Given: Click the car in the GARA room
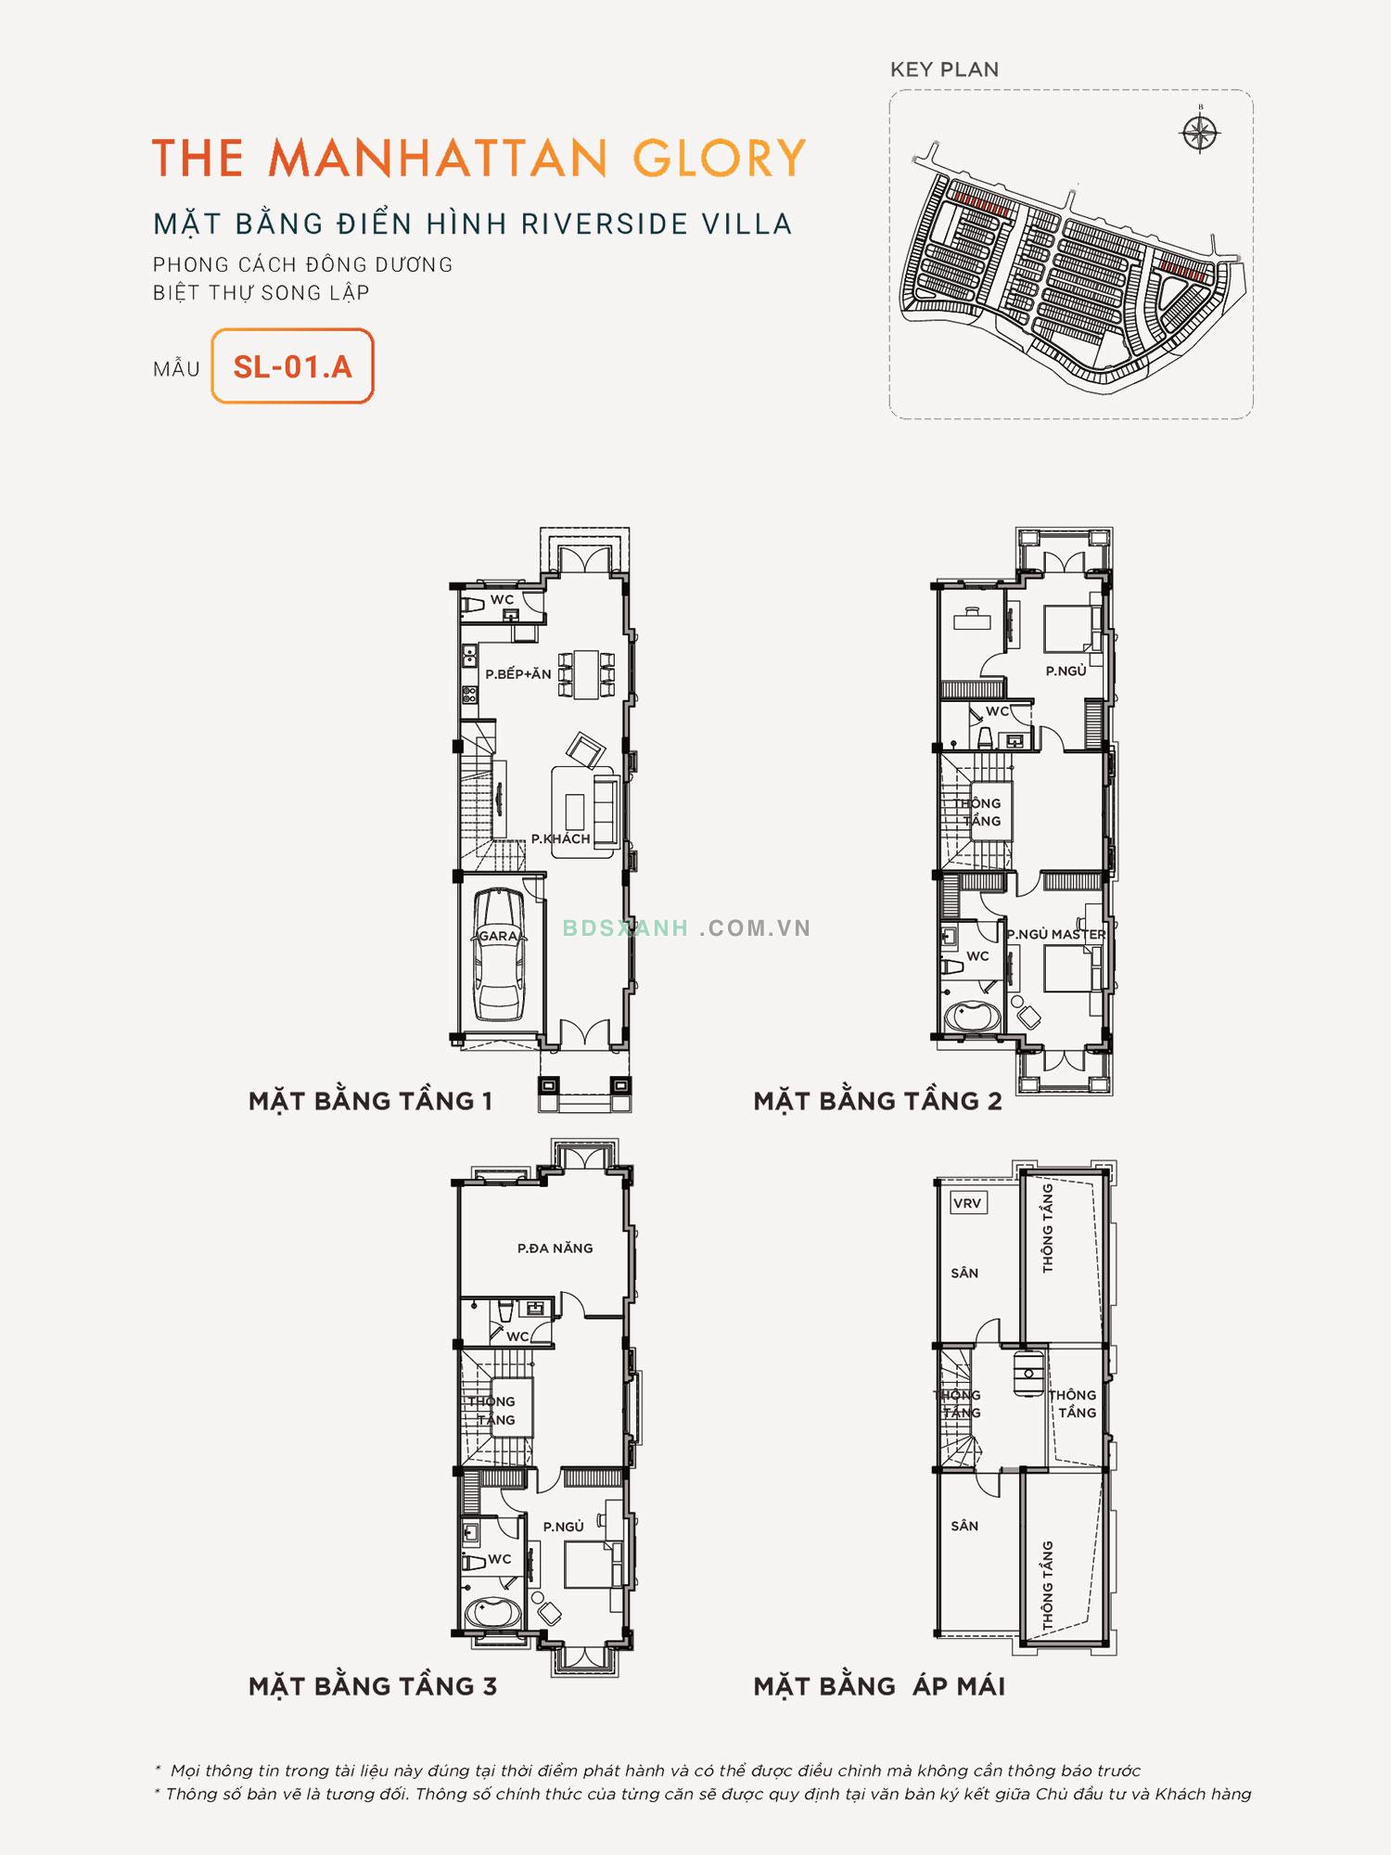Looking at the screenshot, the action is [x=498, y=954].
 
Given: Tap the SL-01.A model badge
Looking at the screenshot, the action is [x=292, y=366].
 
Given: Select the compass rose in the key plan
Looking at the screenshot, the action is [x=1199, y=134].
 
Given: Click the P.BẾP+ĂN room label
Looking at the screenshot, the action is [x=517, y=674].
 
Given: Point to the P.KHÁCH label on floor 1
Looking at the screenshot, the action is [x=560, y=838].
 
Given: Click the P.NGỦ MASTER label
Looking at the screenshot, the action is [x=1056, y=934].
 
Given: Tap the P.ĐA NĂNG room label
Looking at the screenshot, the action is [x=555, y=1248].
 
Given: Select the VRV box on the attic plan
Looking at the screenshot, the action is [x=968, y=1203].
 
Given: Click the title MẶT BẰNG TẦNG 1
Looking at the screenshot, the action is [x=370, y=1101].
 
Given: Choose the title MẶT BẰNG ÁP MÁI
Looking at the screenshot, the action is [x=879, y=1686].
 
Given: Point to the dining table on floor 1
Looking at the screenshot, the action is [x=586, y=673].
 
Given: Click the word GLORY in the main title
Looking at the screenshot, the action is [x=720, y=159].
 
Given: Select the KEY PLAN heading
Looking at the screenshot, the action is [x=944, y=70].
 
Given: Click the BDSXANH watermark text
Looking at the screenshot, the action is [x=625, y=928].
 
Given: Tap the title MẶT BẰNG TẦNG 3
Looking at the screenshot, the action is [x=373, y=1686].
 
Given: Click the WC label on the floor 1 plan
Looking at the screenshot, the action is [x=502, y=600].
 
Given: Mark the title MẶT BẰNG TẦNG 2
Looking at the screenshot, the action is [x=877, y=1101].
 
